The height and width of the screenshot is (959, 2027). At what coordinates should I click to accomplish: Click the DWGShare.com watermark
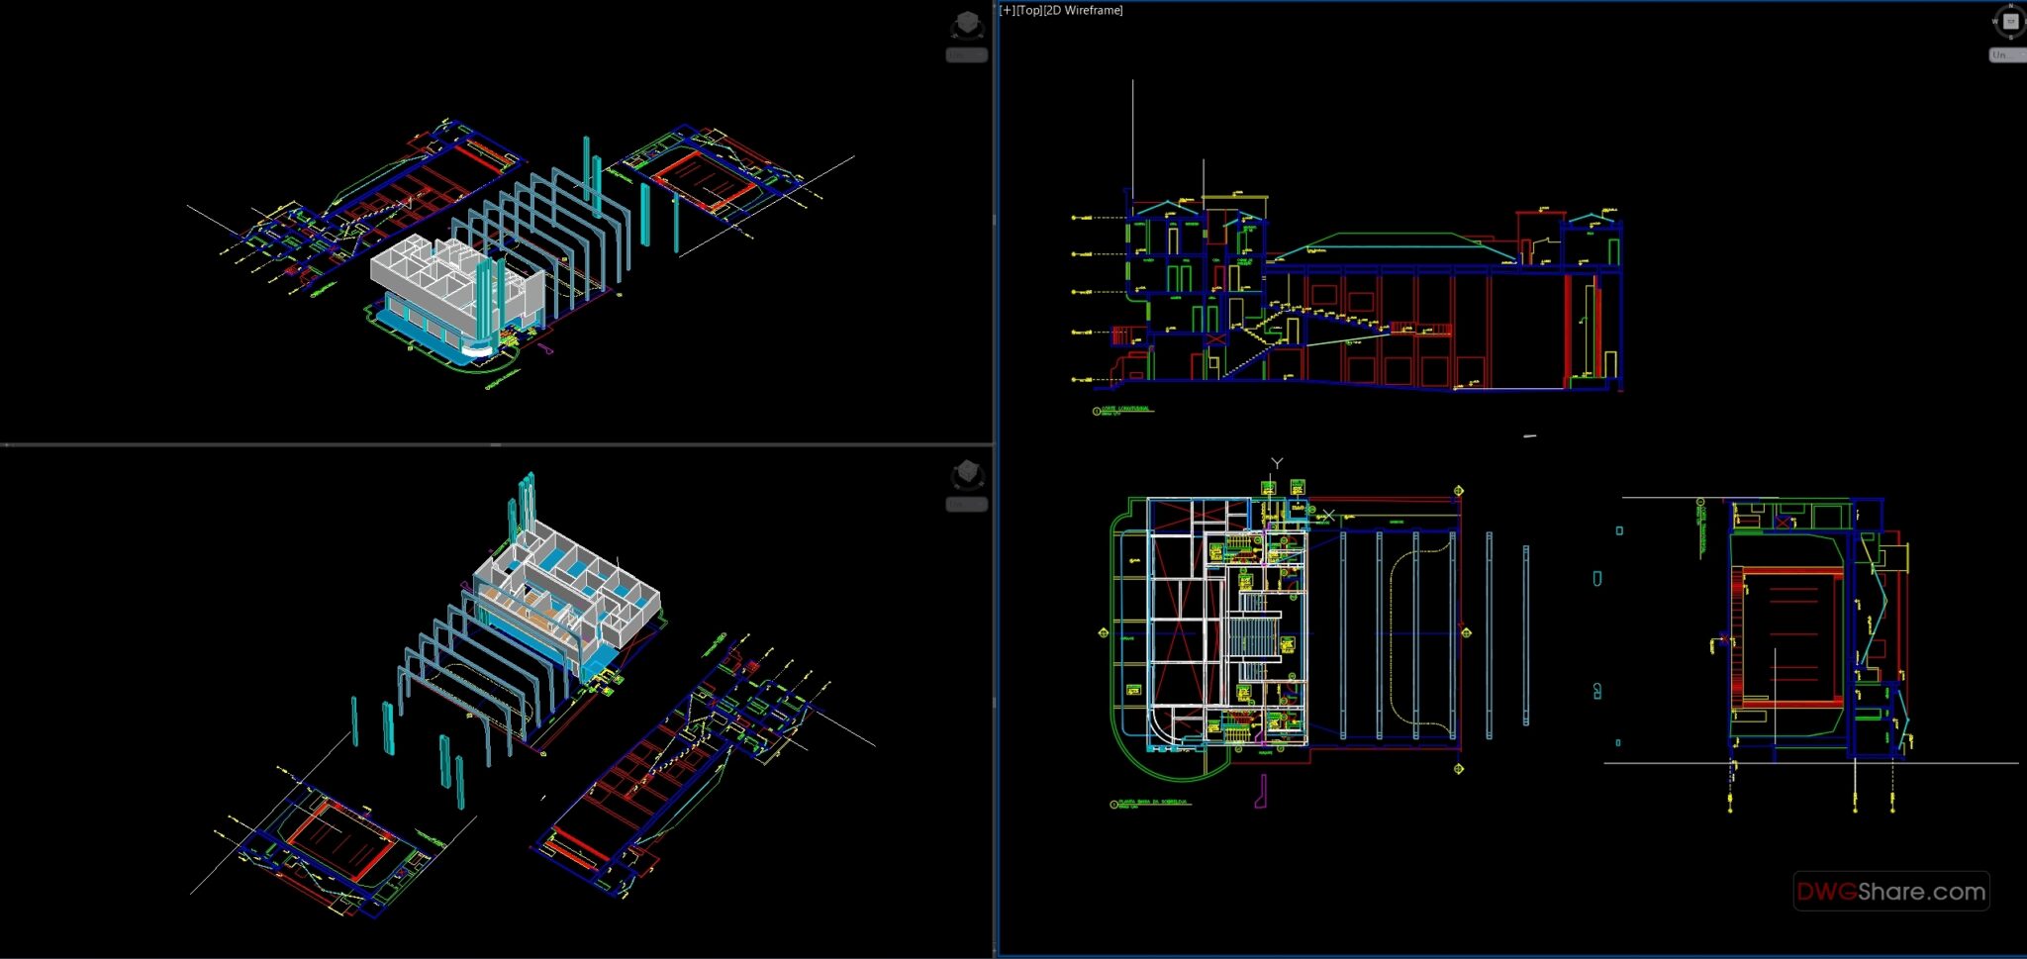pos(1890,892)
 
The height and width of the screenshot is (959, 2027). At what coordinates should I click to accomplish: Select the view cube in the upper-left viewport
pos(967,26)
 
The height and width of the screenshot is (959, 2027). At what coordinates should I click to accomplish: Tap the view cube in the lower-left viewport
pos(967,475)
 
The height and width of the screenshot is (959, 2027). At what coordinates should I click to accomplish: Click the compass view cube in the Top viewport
pos(2009,22)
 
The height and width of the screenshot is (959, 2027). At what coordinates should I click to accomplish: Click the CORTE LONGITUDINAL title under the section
pos(1125,409)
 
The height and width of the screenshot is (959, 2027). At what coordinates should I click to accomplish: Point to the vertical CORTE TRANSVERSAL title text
pos(1701,526)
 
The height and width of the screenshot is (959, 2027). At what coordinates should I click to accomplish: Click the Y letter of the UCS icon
pos(1277,463)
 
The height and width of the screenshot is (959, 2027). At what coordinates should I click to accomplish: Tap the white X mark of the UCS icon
pos(1328,515)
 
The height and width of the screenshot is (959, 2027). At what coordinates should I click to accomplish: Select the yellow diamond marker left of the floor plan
pos(1104,632)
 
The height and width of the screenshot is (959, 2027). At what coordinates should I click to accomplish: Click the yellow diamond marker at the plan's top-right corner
pos(1458,491)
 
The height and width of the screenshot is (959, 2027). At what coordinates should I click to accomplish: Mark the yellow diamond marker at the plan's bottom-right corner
pos(1458,769)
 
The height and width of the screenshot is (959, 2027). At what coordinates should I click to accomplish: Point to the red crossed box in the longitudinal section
pos(1215,340)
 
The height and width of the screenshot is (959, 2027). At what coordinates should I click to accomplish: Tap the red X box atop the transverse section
pos(1784,521)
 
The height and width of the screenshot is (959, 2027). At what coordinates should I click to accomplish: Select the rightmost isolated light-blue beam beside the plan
pos(1525,633)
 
